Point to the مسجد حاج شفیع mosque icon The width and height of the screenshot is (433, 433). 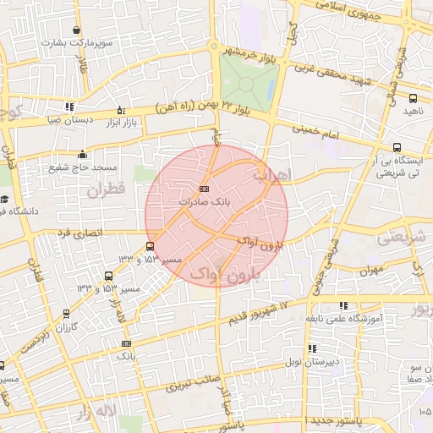pyautogui.click(x=82, y=154)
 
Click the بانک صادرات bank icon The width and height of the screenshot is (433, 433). pyautogui.click(x=204, y=189)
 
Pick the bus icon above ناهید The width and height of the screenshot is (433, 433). pyautogui.click(x=412, y=98)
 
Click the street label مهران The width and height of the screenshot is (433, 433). pyautogui.click(x=370, y=271)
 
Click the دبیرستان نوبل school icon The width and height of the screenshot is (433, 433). pyautogui.click(x=312, y=348)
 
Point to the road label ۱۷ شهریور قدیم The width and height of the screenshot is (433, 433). pyautogui.click(x=257, y=310)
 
